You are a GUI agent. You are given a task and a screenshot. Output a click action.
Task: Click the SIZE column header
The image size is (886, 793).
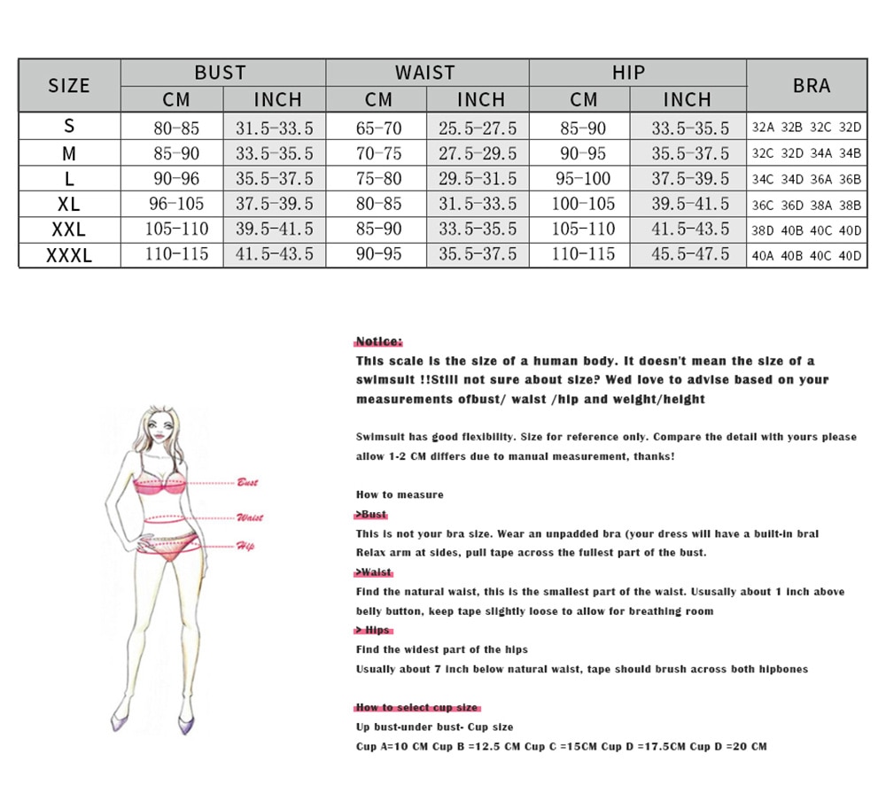[x=69, y=85]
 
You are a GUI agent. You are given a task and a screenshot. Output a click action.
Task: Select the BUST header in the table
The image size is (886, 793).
[x=221, y=73]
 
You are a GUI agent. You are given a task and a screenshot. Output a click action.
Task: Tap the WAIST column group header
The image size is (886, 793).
[x=425, y=73]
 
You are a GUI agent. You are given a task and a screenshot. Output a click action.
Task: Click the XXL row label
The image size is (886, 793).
[x=69, y=229]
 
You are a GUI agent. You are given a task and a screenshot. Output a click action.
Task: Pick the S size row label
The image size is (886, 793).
[x=69, y=128]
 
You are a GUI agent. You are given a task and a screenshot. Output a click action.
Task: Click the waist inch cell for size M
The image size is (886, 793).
[x=478, y=153]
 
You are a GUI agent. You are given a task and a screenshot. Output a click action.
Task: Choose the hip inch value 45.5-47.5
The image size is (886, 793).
[x=690, y=255]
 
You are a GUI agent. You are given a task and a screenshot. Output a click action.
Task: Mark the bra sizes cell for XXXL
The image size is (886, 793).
[x=806, y=256]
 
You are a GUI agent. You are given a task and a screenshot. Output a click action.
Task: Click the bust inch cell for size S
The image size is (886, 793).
[x=274, y=128]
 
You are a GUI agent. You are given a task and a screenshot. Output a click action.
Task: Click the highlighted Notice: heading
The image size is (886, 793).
[x=378, y=341]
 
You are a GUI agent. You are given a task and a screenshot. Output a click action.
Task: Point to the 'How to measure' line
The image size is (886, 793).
[x=400, y=494]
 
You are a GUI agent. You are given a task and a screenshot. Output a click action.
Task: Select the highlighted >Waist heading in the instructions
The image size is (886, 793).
[x=374, y=572]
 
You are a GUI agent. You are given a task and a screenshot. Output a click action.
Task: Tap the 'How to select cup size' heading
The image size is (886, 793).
[x=416, y=707]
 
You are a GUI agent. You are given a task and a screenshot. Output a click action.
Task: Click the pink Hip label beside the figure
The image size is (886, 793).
[x=245, y=546]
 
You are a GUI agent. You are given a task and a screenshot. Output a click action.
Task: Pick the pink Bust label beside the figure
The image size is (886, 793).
[x=247, y=483]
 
